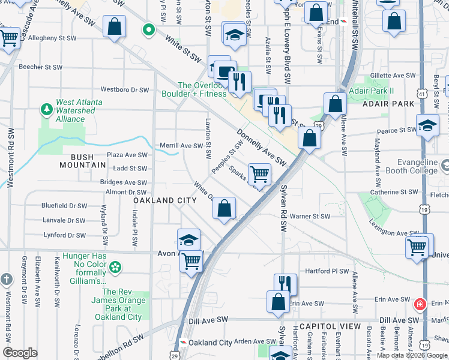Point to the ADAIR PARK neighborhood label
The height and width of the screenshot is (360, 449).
388,104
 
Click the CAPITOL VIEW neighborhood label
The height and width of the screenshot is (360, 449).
329,326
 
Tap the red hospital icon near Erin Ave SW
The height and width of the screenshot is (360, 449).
421,304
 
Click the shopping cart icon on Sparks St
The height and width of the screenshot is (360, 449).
259,174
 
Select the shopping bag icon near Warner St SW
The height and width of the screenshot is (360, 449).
224,208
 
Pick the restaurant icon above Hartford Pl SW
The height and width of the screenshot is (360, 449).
285,283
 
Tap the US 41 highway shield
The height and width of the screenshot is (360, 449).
423,94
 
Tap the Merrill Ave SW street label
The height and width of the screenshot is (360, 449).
181,145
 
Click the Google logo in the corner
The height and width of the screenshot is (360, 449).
20,353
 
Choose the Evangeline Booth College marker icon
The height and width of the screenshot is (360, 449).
445,165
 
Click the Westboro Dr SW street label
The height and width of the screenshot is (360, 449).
124,90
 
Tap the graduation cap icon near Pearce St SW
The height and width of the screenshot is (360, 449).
427,125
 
